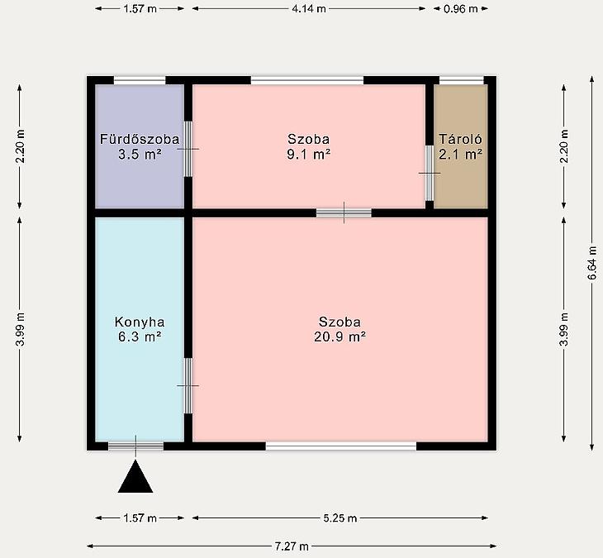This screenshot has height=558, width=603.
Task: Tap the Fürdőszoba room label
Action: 140,139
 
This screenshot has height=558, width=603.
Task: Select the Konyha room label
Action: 140,322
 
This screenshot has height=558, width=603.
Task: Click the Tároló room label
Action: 460,139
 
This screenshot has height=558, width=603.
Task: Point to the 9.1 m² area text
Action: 308,155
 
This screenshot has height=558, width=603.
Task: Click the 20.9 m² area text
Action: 339,336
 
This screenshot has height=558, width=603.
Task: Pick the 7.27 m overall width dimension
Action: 292,546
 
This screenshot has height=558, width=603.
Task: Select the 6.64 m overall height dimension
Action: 592,263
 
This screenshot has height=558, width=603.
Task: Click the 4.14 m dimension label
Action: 309,8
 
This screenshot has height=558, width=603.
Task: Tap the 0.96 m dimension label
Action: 460,8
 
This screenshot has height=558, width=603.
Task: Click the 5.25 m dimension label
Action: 340,518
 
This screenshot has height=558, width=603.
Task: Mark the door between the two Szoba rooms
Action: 344,212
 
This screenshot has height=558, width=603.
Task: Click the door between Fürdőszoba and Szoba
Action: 188,149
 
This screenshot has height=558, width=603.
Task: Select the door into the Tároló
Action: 430,173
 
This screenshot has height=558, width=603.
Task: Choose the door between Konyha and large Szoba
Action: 188,385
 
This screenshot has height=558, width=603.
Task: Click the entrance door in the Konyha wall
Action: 135,446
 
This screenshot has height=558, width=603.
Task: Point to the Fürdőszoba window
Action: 140,80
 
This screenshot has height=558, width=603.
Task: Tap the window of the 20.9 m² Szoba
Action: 341,446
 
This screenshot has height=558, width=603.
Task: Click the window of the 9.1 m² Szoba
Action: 307,80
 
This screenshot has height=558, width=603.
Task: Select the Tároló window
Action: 462,80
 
